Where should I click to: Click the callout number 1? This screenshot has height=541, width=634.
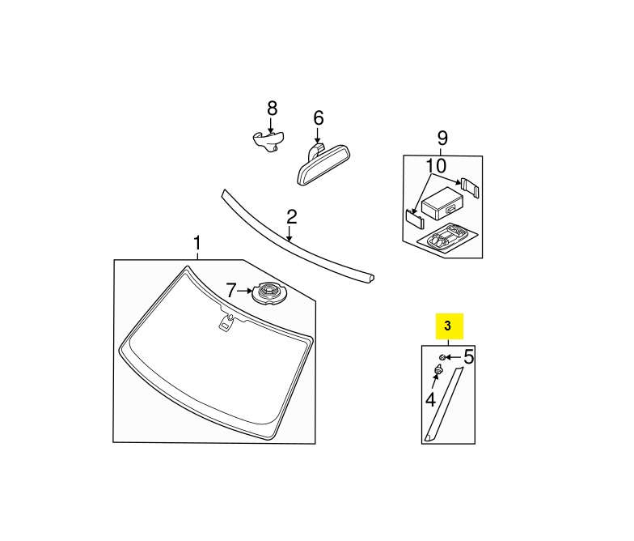[197, 244]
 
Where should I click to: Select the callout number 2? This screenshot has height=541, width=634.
[291, 217]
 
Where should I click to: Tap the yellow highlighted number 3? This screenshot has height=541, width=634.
[447, 326]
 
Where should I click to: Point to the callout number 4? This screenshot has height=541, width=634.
[430, 400]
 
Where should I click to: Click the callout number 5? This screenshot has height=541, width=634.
[468, 356]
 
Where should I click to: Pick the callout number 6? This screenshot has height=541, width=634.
[319, 118]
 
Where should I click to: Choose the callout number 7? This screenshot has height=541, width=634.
[230, 290]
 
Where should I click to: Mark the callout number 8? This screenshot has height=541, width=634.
[272, 109]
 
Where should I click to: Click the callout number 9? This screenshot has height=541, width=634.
[443, 138]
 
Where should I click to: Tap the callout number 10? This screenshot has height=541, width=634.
[436, 165]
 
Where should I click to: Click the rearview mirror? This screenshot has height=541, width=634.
[323, 164]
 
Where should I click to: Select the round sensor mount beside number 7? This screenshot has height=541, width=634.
[268, 293]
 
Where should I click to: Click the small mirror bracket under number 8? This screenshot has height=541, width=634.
[268, 141]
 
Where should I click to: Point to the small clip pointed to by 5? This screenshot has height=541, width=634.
[442, 357]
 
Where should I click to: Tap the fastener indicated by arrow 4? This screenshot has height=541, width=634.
[438, 369]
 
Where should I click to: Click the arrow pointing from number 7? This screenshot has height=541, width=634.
[244, 291]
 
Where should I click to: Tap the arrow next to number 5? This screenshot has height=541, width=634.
[454, 357]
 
